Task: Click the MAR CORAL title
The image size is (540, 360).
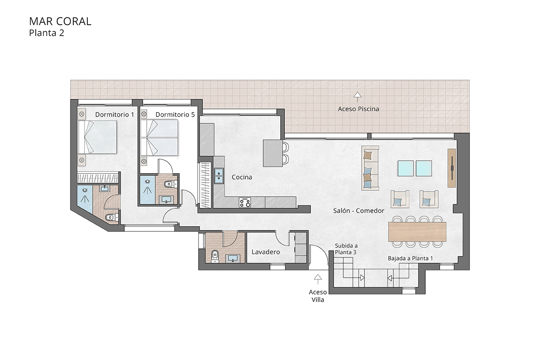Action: pyautogui.click(x=60, y=21)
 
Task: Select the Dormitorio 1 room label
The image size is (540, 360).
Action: pyautogui.click(x=114, y=115)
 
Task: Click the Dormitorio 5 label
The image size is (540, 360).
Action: pyautogui.click(x=175, y=115)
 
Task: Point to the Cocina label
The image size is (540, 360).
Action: pyautogui.click(x=242, y=177)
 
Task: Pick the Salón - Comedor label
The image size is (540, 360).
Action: pyautogui.click(x=358, y=211)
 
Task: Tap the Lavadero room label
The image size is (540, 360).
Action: pyautogui.click(x=265, y=252)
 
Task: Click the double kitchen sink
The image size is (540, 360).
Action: pyautogui.click(x=219, y=176)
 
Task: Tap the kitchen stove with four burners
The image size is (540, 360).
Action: pyautogui.click(x=245, y=202)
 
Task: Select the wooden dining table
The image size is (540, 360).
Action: pyautogui.click(x=417, y=231)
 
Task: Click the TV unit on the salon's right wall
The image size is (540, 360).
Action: pyautogui.click(x=452, y=168)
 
